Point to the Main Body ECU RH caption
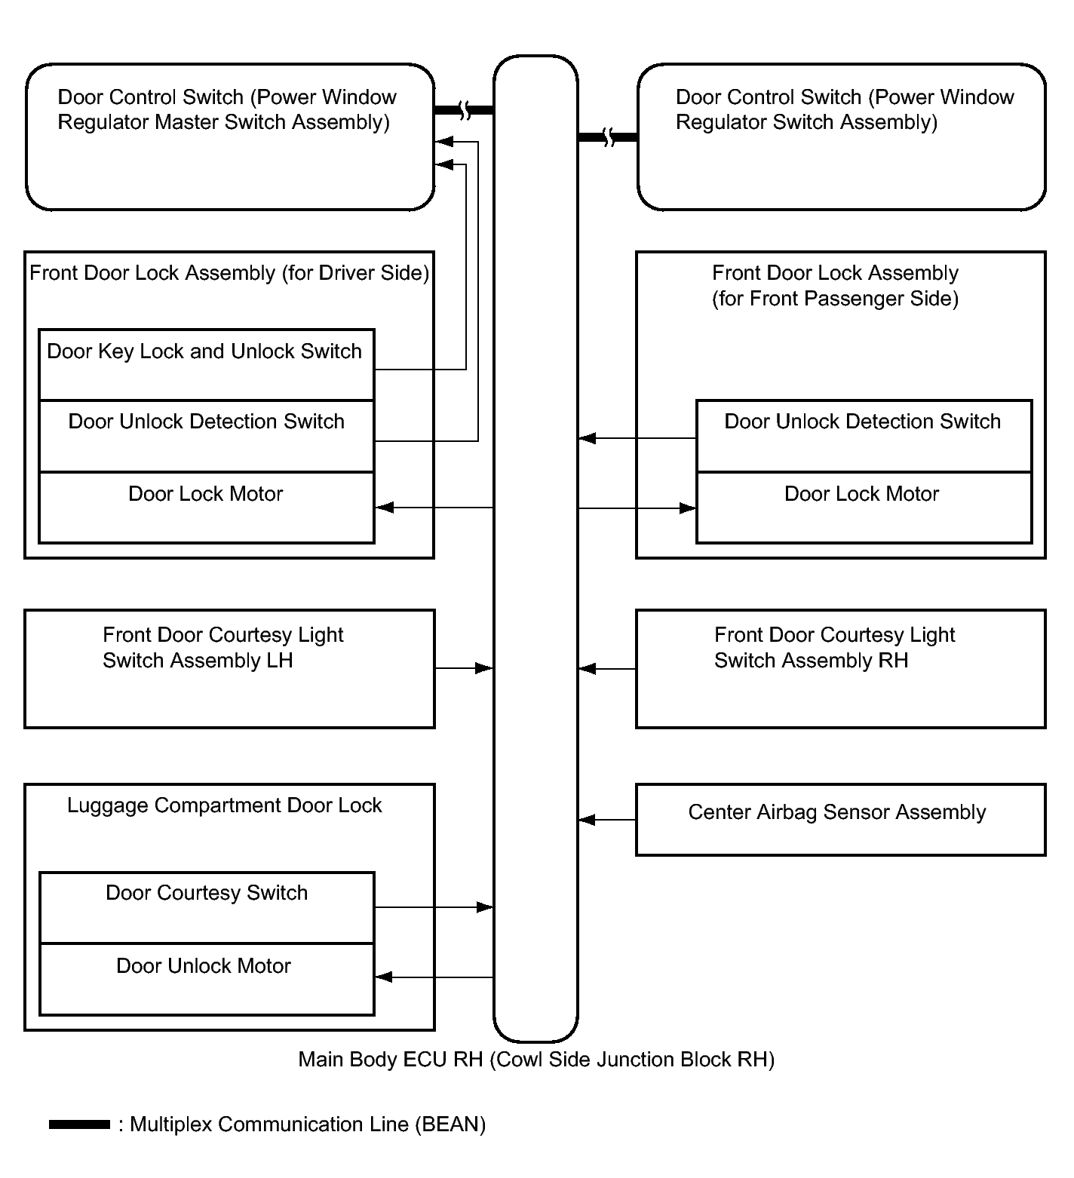click(x=536, y=1060)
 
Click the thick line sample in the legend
click(x=79, y=1125)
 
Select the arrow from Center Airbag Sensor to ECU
click(x=607, y=820)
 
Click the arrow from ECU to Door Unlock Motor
click(x=434, y=977)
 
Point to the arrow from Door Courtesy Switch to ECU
click(x=434, y=907)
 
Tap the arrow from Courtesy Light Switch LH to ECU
click(x=465, y=668)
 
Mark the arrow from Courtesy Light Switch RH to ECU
click(x=607, y=669)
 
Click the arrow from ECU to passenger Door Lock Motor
click(x=637, y=508)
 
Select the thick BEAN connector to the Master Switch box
click(x=464, y=111)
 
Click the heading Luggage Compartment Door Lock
click(x=225, y=806)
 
